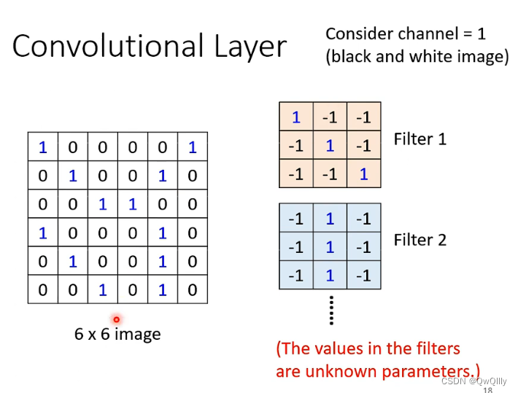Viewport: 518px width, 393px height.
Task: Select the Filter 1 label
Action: [x=420, y=138]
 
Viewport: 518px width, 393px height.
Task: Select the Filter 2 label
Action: [x=420, y=239]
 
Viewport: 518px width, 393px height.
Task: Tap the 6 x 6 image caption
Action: [x=117, y=334]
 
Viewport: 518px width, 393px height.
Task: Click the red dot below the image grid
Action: [x=116, y=319]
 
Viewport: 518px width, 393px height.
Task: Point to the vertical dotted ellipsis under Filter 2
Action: [x=330, y=310]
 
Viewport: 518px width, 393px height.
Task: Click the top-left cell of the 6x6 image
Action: [x=42, y=147]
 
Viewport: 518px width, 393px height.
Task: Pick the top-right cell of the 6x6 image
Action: [x=192, y=147]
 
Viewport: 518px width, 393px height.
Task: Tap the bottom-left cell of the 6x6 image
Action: [x=42, y=289]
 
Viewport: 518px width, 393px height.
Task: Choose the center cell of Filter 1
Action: [x=330, y=145]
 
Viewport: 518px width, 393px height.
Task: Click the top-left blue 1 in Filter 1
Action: [x=296, y=117]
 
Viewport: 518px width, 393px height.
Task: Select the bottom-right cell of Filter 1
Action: [x=363, y=174]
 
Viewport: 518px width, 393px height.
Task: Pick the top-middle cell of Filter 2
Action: [x=330, y=218]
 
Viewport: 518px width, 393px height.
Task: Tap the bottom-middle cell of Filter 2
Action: [x=330, y=275]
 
